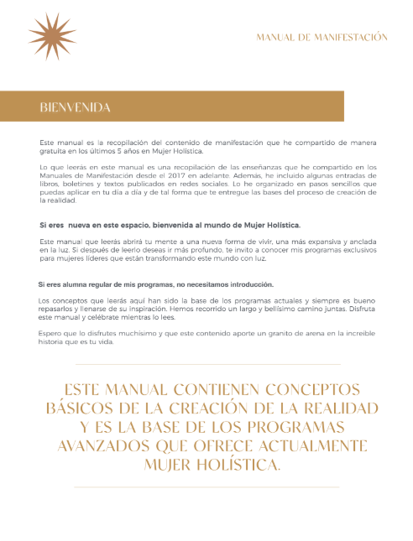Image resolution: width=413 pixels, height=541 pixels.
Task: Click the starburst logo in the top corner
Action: (52, 36)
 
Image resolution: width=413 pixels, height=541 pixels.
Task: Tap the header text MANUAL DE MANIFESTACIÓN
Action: (322, 38)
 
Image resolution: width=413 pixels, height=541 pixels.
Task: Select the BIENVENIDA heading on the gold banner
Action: (76, 107)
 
